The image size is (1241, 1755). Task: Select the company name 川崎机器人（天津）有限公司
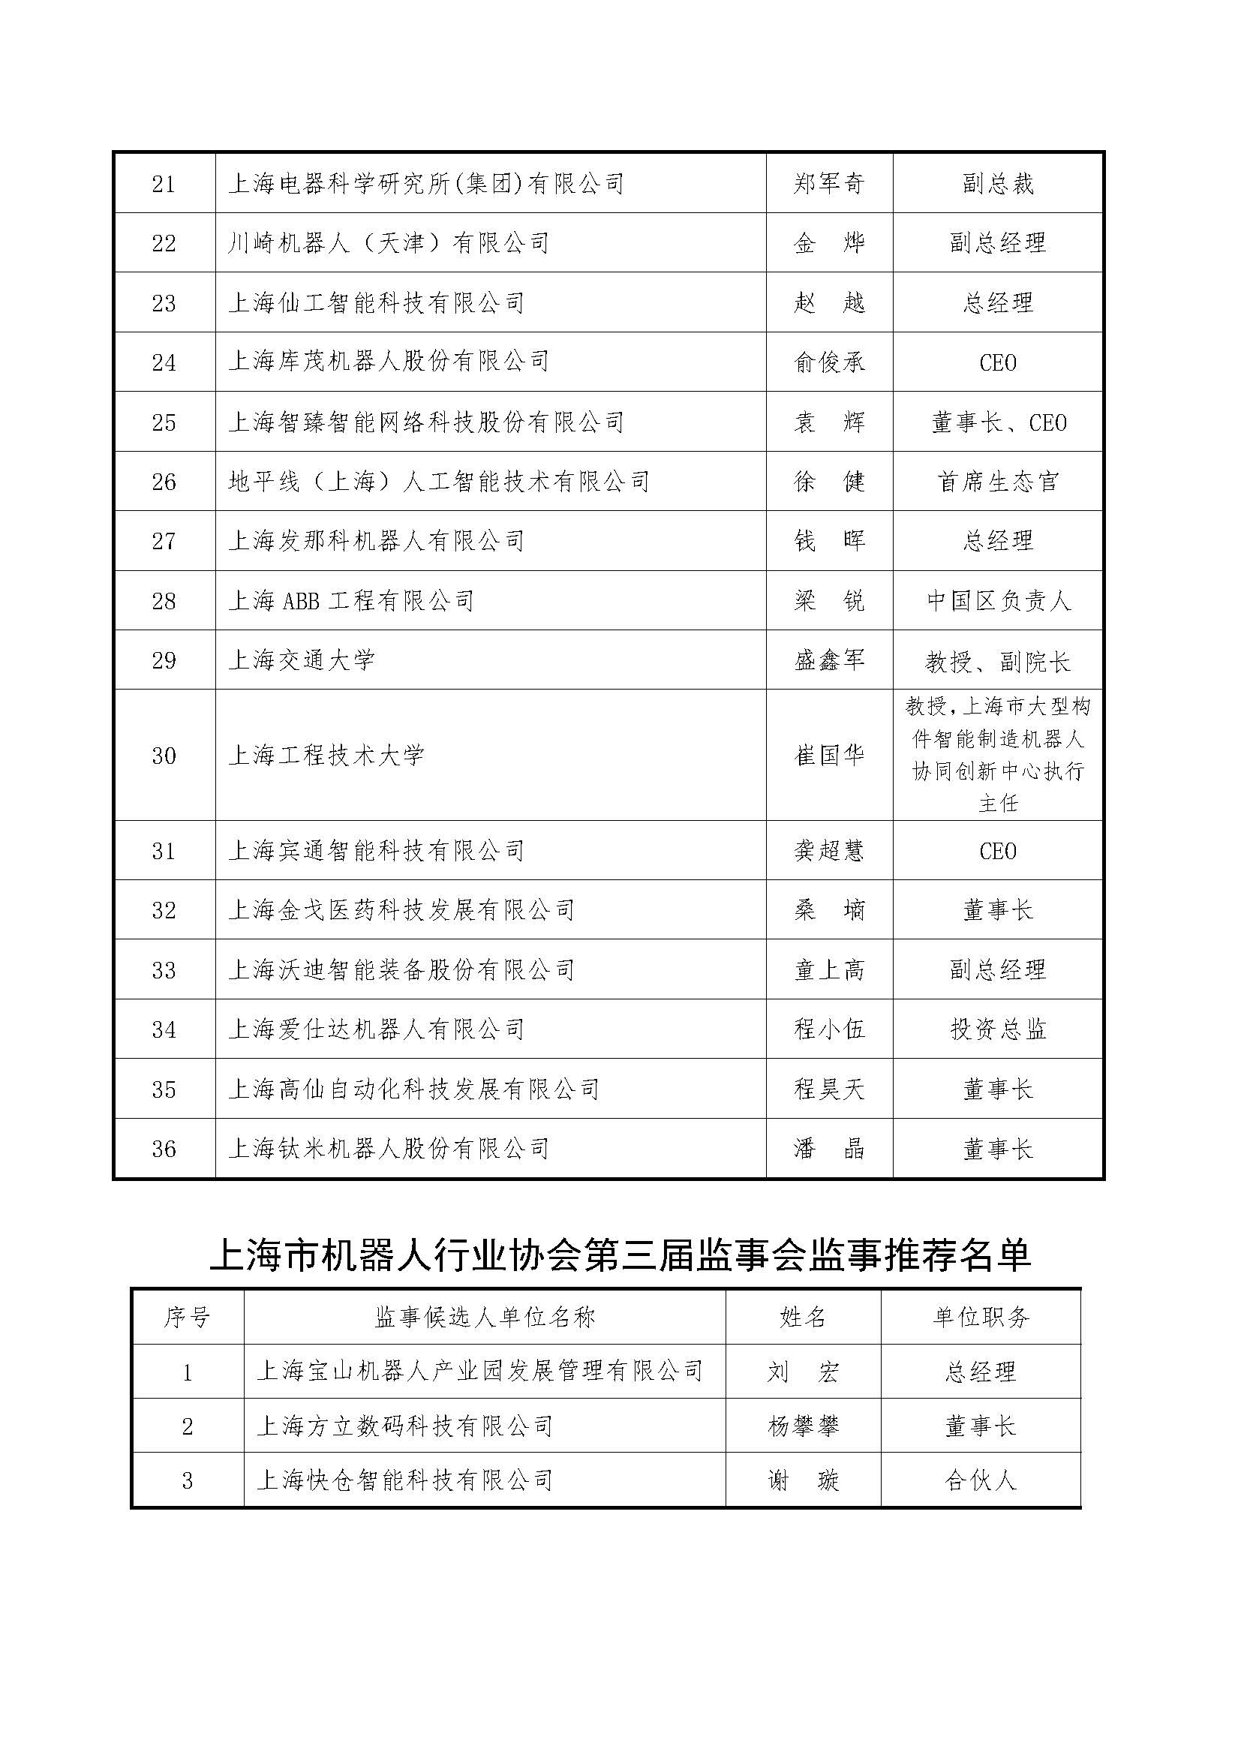pyautogui.click(x=388, y=243)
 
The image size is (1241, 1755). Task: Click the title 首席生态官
pyautogui.click(x=997, y=482)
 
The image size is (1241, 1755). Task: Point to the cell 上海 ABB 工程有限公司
pyautogui.click(x=350, y=601)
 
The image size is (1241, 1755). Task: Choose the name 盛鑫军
pyautogui.click(x=829, y=660)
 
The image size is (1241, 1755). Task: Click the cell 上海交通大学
pyautogui.click(x=301, y=660)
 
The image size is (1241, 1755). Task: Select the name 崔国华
pyautogui.click(x=829, y=756)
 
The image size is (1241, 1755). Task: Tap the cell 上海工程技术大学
pyautogui.click(x=326, y=756)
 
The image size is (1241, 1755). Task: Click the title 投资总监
pyautogui.click(x=997, y=1029)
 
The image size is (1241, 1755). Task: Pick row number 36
pyautogui.click(x=164, y=1149)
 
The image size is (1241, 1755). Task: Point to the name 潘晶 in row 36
pyautogui.click(x=829, y=1149)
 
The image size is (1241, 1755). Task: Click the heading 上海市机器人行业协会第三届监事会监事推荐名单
pyautogui.click(x=620, y=1255)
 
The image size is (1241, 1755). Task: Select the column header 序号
pyautogui.click(x=187, y=1317)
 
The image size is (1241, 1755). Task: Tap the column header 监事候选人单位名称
pyautogui.click(x=485, y=1317)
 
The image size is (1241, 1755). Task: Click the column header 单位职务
pyautogui.click(x=981, y=1317)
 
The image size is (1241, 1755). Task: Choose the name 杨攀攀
pyautogui.click(x=803, y=1426)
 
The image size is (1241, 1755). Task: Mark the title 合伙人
pyautogui.click(x=981, y=1480)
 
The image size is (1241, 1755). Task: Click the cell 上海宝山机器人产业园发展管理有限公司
pyautogui.click(x=479, y=1372)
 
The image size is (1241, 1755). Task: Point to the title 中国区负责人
pyautogui.click(x=997, y=601)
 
